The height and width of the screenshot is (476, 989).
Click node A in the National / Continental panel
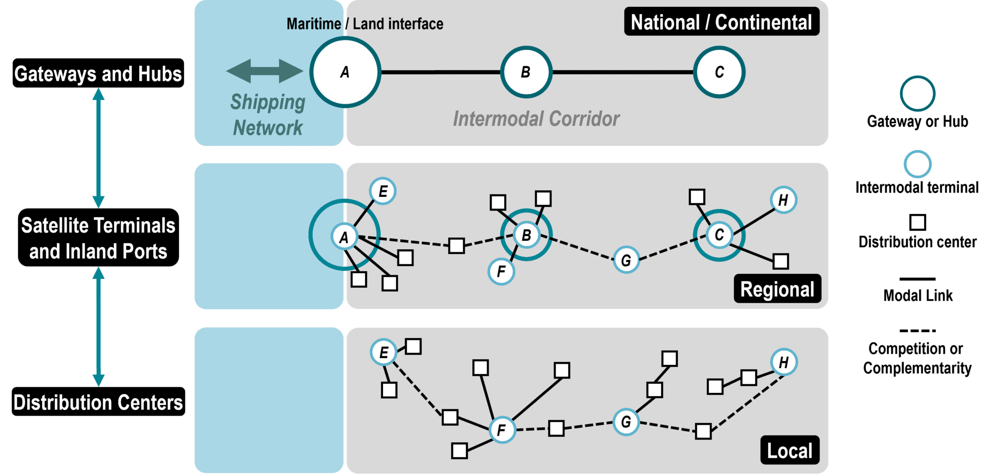click(x=345, y=72)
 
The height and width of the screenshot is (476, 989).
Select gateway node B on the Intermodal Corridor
click(x=526, y=72)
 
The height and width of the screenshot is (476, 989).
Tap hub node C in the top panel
click(x=719, y=72)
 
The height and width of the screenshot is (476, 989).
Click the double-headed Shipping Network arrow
click(x=265, y=71)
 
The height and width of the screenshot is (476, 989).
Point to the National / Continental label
click(x=721, y=22)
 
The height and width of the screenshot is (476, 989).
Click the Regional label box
click(x=777, y=289)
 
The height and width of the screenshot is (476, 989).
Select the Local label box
click(x=790, y=450)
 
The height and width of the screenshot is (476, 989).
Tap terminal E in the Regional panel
click(x=383, y=191)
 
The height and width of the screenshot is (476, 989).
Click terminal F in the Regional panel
click(x=501, y=271)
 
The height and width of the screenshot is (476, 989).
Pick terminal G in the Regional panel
click(x=626, y=260)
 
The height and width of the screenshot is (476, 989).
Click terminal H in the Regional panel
click(x=783, y=200)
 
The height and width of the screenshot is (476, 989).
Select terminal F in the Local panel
click(x=502, y=430)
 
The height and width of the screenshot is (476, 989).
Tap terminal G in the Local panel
click(x=626, y=422)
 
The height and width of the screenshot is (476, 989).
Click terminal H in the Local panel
click(x=784, y=362)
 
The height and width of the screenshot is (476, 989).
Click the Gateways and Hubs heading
click(x=98, y=73)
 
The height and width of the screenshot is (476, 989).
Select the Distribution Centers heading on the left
click(x=98, y=402)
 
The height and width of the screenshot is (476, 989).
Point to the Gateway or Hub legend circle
click(x=918, y=94)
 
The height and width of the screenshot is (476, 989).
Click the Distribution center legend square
click(x=918, y=223)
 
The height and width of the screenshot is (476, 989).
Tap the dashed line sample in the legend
click(x=918, y=331)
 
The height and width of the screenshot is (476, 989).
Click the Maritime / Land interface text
click(x=365, y=24)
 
